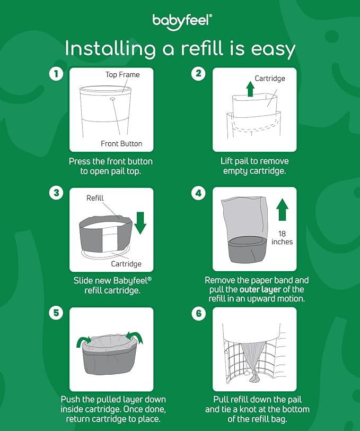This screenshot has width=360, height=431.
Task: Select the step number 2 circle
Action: pos(198,74)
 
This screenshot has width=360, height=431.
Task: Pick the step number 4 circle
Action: pos(198,193)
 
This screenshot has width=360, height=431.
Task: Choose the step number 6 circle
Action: pos(198,313)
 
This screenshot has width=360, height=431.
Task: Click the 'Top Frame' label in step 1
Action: pos(122,75)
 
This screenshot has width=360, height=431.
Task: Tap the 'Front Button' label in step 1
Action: pos(121,144)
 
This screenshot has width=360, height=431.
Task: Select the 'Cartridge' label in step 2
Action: pos(270,79)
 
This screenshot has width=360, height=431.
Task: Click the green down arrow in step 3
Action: pos(140,222)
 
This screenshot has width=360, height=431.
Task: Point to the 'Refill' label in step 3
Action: pos(95,198)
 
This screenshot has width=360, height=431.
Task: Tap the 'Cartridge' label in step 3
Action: pos(126,264)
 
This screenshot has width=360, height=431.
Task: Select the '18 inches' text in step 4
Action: pos(282,237)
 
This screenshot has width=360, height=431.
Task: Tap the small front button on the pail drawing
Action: pos(113,98)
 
